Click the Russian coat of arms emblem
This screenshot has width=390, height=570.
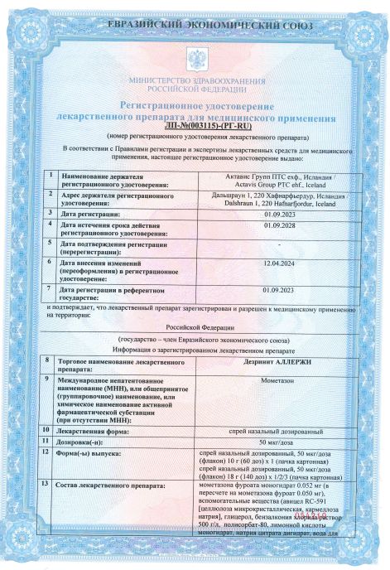click(x=196, y=58)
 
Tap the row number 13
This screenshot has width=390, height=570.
click(x=46, y=483)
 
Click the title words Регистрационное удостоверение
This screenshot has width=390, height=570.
click(x=196, y=107)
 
